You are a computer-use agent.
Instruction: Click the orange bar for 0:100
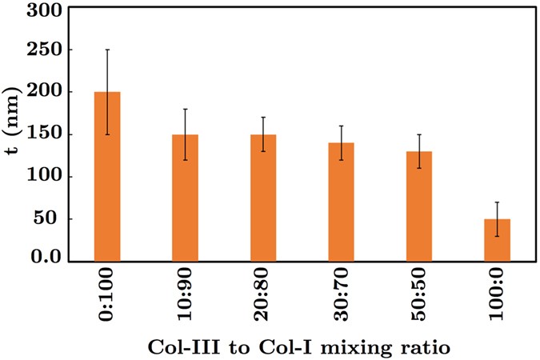click(x=106, y=177)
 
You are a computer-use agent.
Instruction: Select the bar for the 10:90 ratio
click(x=185, y=198)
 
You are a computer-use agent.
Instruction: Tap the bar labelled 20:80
click(x=263, y=198)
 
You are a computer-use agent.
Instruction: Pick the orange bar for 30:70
click(x=341, y=202)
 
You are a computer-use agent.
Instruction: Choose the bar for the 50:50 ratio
click(x=419, y=206)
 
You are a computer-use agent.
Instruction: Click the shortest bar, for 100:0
click(x=497, y=240)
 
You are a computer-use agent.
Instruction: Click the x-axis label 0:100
click(x=107, y=297)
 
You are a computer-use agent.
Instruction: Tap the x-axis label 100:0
click(x=498, y=297)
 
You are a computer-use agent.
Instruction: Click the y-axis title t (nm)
click(x=14, y=134)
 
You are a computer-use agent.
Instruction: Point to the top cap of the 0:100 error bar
click(x=106, y=50)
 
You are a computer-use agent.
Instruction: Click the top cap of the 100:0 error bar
click(x=497, y=202)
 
